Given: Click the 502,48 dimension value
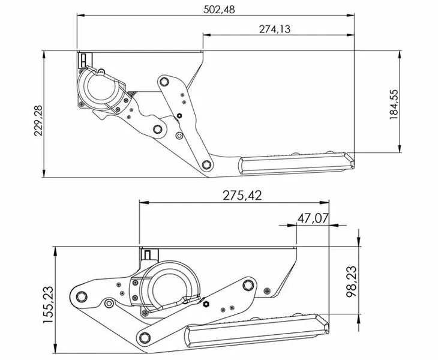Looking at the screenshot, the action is point(219,10).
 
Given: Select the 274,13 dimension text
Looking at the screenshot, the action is point(275,29).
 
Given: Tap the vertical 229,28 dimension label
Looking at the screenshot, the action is point(38,121).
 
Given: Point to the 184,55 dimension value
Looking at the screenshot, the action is point(394,104).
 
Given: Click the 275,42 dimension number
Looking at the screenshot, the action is point(242,196).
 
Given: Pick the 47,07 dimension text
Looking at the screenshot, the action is point(313,218).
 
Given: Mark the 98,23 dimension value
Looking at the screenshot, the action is point(351,281).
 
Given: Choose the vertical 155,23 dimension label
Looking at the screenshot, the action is point(48,305).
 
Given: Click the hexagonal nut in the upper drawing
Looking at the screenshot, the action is point(179,116).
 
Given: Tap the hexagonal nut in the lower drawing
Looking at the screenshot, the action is point(206,304).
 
